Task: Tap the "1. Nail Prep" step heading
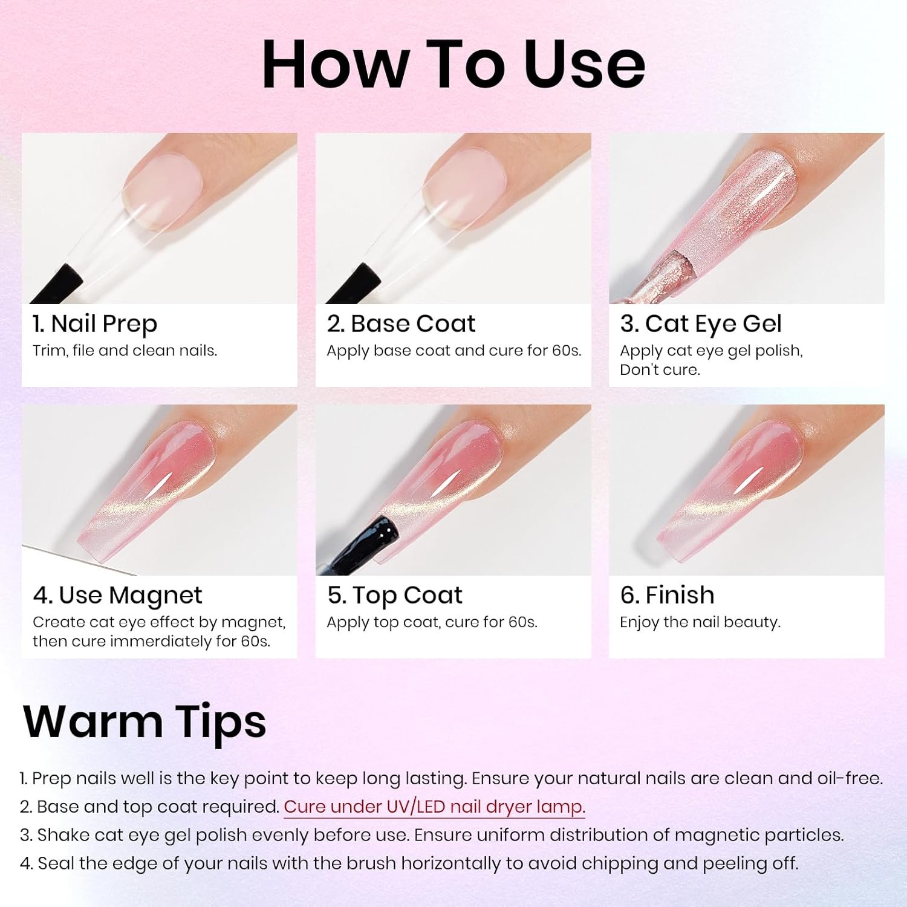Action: (x=95, y=324)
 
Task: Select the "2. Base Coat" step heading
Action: (x=401, y=323)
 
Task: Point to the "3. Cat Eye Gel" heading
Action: (x=701, y=324)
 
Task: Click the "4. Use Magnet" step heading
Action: (x=117, y=596)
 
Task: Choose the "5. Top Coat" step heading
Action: (x=395, y=596)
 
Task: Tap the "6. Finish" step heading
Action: (x=667, y=595)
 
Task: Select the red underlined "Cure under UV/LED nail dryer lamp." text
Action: (x=434, y=807)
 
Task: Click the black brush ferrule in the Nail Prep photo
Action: (x=57, y=284)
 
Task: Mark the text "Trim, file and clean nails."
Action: (x=125, y=351)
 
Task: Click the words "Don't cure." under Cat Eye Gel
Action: (x=660, y=369)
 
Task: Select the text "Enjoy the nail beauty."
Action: (x=700, y=622)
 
